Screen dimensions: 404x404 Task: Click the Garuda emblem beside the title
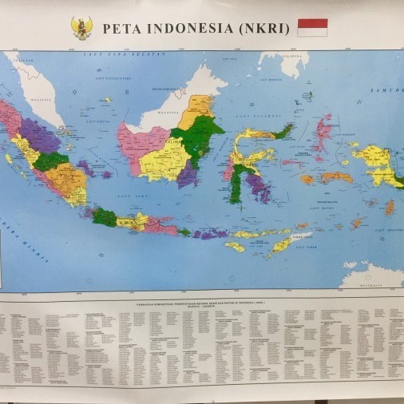coord(82,28)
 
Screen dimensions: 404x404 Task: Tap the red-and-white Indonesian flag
coord(312,28)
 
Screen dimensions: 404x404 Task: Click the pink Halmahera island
coord(323,133)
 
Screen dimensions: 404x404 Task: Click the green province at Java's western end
coord(103,216)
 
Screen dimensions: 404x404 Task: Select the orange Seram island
coord(336,177)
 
